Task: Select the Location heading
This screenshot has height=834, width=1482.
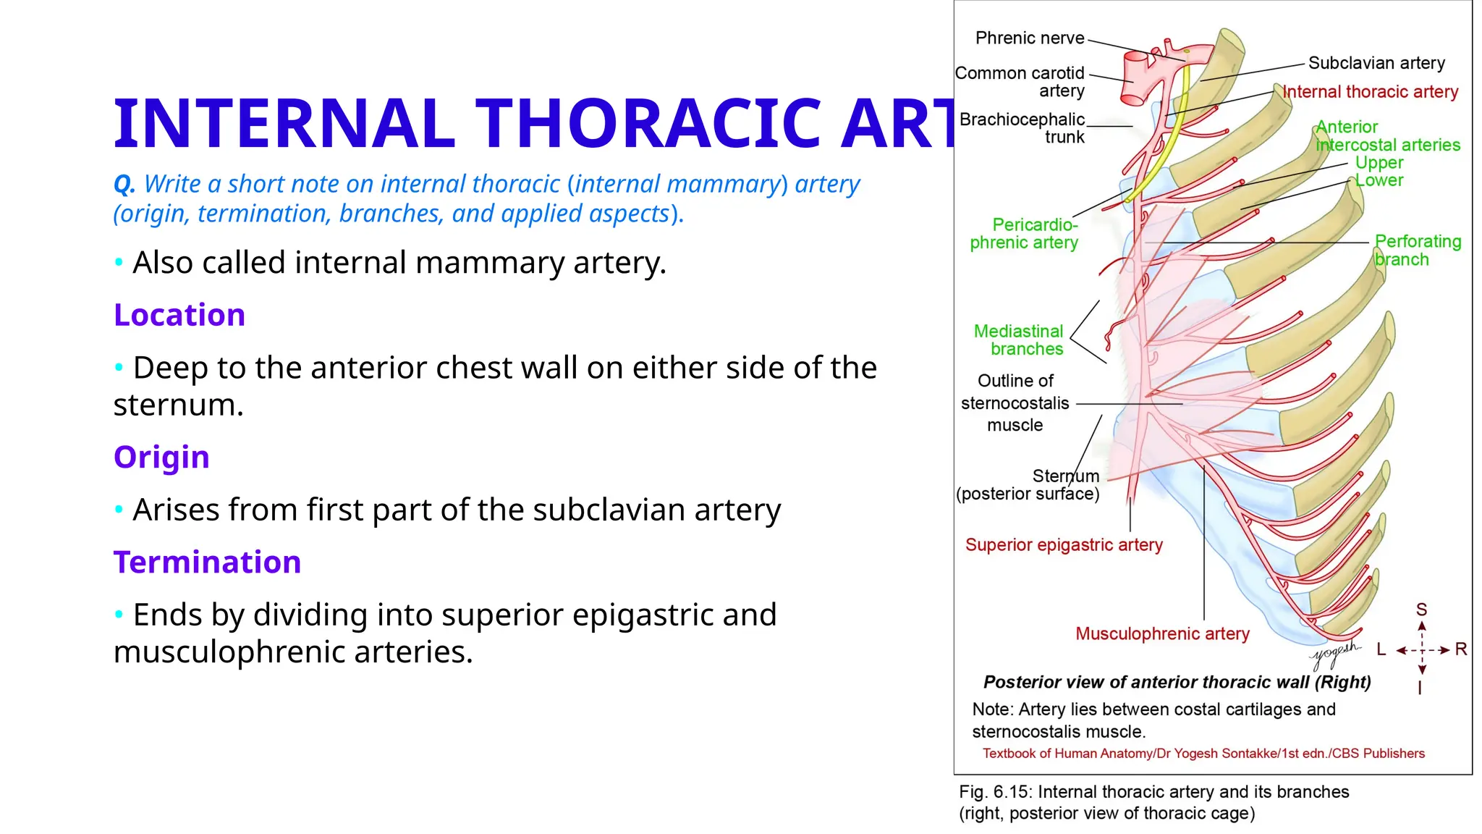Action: (179, 316)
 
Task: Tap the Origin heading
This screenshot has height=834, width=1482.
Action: (161, 458)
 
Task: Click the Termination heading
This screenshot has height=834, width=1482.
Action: (207, 563)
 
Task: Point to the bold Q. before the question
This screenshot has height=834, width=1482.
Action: (124, 185)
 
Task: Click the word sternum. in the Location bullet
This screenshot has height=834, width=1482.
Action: (178, 405)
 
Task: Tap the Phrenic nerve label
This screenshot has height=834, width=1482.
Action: (1029, 38)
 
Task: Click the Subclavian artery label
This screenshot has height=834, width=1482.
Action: (1376, 64)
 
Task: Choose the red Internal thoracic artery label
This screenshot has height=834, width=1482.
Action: (1370, 93)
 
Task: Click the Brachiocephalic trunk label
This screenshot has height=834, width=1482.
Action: (1022, 128)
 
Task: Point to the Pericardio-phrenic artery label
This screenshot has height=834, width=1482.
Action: (1025, 234)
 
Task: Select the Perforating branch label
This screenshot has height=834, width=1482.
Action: (1417, 250)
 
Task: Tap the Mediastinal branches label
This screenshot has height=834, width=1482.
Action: (1019, 340)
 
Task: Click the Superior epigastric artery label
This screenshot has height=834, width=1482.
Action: (1063, 545)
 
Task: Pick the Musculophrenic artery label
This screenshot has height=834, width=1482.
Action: (1162, 634)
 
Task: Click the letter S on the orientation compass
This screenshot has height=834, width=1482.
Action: (1421, 610)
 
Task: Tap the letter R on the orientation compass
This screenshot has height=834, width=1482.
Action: (1460, 649)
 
